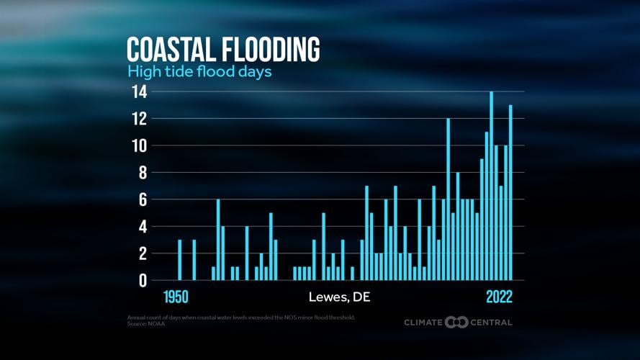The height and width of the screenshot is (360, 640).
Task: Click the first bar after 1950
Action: pyautogui.click(x=179, y=260)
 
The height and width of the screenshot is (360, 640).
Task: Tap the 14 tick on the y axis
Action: pyautogui.click(x=139, y=92)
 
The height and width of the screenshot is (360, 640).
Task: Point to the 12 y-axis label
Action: pyautogui.click(x=139, y=119)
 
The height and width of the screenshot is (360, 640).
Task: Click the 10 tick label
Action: pyautogui.click(x=139, y=146)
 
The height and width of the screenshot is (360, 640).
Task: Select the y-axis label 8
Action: pyautogui.click(x=143, y=173)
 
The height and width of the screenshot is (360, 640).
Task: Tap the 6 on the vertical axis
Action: pyautogui.click(x=143, y=199)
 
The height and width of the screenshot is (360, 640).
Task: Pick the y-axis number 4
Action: pyautogui.click(x=143, y=227)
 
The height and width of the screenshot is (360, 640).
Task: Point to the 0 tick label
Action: pyautogui.click(x=143, y=281)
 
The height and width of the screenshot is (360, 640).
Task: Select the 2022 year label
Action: pyautogui.click(x=500, y=297)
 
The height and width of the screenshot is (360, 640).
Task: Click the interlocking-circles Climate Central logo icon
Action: pyautogui.click(x=456, y=322)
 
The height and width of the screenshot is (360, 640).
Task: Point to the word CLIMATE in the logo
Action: pyautogui.click(x=423, y=322)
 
